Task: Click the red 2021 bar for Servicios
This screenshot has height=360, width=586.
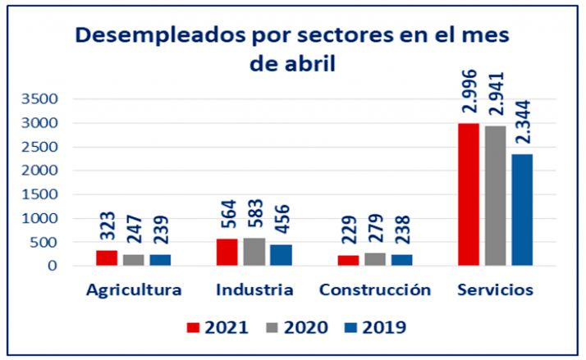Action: click(x=469, y=194)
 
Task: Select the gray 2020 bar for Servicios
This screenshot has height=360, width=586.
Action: click(x=495, y=196)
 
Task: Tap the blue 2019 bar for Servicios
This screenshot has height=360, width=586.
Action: click(x=521, y=210)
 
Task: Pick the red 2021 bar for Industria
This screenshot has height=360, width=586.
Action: click(x=227, y=253)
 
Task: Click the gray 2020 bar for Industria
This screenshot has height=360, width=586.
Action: click(x=254, y=252)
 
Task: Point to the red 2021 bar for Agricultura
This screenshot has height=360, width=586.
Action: click(x=107, y=258)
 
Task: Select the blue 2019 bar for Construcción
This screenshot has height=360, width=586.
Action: click(x=401, y=260)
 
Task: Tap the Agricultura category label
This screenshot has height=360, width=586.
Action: click(x=133, y=290)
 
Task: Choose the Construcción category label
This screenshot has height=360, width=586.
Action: click(x=374, y=290)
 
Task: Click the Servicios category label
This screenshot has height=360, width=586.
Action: click(x=496, y=290)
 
